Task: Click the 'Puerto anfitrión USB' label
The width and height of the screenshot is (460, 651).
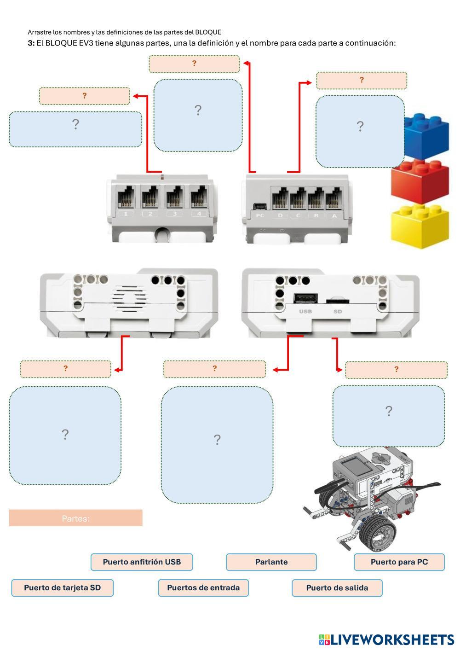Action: [x=142, y=562]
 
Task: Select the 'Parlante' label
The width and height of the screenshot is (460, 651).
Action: [x=271, y=562]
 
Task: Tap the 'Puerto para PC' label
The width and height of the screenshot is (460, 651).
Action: [x=399, y=562]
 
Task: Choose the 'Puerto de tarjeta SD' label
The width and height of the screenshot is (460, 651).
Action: [x=62, y=588]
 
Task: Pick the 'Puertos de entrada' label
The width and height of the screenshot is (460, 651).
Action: [x=203, y=588]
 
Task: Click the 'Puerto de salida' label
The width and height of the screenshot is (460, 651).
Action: [x=337, y=588]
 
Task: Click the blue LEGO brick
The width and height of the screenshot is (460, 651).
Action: [x=426, y=135]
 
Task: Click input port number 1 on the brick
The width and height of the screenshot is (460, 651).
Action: [x=126, y=198]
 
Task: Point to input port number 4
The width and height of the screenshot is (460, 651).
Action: [x=199, y=198]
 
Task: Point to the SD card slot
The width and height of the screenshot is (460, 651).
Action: [x=338, y=301]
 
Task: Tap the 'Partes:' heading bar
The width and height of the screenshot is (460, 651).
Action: [x=76, y=518]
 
